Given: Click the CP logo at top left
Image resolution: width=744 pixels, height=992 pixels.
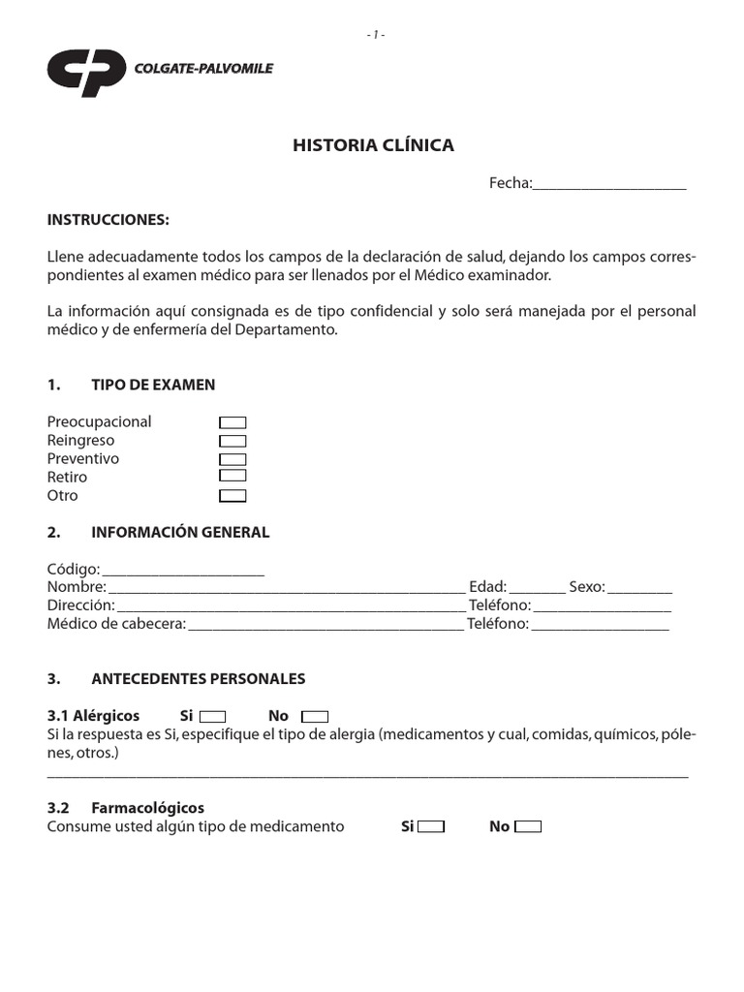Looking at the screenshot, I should (x=86, y=73).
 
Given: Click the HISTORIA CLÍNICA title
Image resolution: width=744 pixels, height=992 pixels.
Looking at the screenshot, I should (x=373, y=145).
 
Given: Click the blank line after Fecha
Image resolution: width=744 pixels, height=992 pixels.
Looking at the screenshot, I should (x=609, y=184).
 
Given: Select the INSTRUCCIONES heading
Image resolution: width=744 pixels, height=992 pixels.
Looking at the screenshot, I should (x=108, y=220).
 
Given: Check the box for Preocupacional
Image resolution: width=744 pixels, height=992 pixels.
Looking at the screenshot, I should (x=232, y=422).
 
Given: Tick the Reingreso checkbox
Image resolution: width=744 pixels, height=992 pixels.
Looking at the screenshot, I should (x=232, y=441).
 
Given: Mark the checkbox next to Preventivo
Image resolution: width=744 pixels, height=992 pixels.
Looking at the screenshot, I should (x=232, y=459).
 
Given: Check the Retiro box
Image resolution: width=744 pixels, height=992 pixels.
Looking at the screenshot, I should (x=232, y=477).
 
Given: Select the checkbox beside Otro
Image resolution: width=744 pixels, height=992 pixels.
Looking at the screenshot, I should (x=232, y=496).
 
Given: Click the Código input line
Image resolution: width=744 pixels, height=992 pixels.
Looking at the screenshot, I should (x=183, y=571).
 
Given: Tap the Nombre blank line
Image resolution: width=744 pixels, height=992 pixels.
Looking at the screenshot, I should (x=287, y=589).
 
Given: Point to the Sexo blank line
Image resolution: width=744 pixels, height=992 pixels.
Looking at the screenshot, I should (x=640, y=589).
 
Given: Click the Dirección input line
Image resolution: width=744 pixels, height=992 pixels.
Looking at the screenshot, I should (x=291, y=607).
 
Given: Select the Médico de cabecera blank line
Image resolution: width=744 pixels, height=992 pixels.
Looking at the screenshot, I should (x=326, y=626).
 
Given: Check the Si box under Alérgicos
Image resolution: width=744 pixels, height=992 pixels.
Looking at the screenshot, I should (x=212, y=717).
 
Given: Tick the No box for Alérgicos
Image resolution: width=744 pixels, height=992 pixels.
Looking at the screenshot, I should (x=315, y=717).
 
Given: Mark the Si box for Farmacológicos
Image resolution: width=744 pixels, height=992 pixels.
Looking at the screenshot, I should (x=431, y=827).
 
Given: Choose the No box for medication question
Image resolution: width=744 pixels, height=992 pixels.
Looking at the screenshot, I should (x=528, y=827).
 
